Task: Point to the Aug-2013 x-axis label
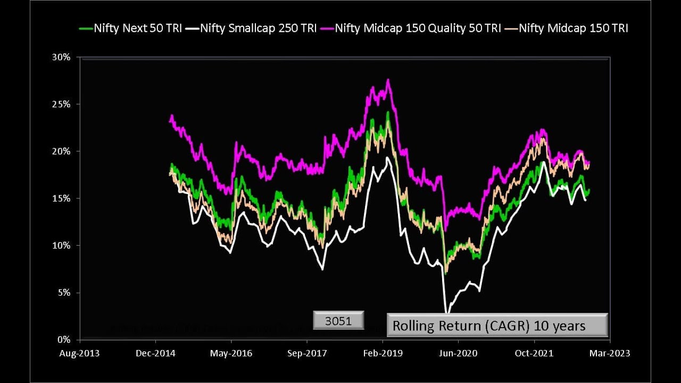[x=79, y=353]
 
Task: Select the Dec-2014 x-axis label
[x=155, y=353]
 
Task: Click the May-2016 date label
[x=231, y=353]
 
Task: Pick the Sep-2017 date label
[x=308, y=353]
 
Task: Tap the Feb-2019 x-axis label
[x=383, y=353]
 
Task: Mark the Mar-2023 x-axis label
[x=610, y=353]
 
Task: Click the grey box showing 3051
[x=338, y=320]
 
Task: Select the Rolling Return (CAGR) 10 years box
[x=497, y=325]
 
